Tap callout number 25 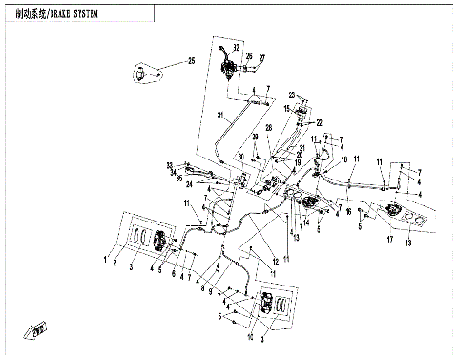point(191,61)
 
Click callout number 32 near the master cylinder point(237,47)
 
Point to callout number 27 point(262,57)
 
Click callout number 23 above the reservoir point(292,95)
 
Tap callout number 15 point(285,109)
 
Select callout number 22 point(320,122)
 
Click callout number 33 point(169,165)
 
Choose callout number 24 point(190,183)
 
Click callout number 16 point(348,211)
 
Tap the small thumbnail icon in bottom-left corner point(38,331)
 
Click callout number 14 point(305,222)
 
